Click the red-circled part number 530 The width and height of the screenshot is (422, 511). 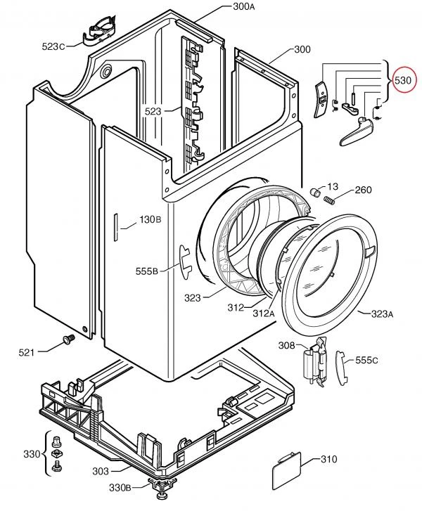[x=402, y=80]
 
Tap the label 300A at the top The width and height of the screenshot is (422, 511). [x=243, y=6]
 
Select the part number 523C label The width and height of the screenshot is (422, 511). [x=53, y=46]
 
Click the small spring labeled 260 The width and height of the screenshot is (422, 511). [x=329, y=200]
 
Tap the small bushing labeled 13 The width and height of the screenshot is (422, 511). [x=314, y=192]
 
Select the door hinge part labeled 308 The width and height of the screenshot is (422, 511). [x=315, y=362]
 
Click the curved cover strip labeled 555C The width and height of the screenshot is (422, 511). [x=341, y=368]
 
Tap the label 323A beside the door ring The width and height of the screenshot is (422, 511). [x=382, y=314]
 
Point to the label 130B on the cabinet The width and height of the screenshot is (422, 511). [x=151, y=219]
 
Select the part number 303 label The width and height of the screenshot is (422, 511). [x=101, y=471]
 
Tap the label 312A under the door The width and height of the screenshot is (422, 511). [x=264, y=313]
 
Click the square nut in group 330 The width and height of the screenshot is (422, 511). [x=58, y=453]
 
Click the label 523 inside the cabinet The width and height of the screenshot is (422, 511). [x=153, y=112]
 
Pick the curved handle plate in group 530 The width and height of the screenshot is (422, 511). [x=321, y=100]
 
